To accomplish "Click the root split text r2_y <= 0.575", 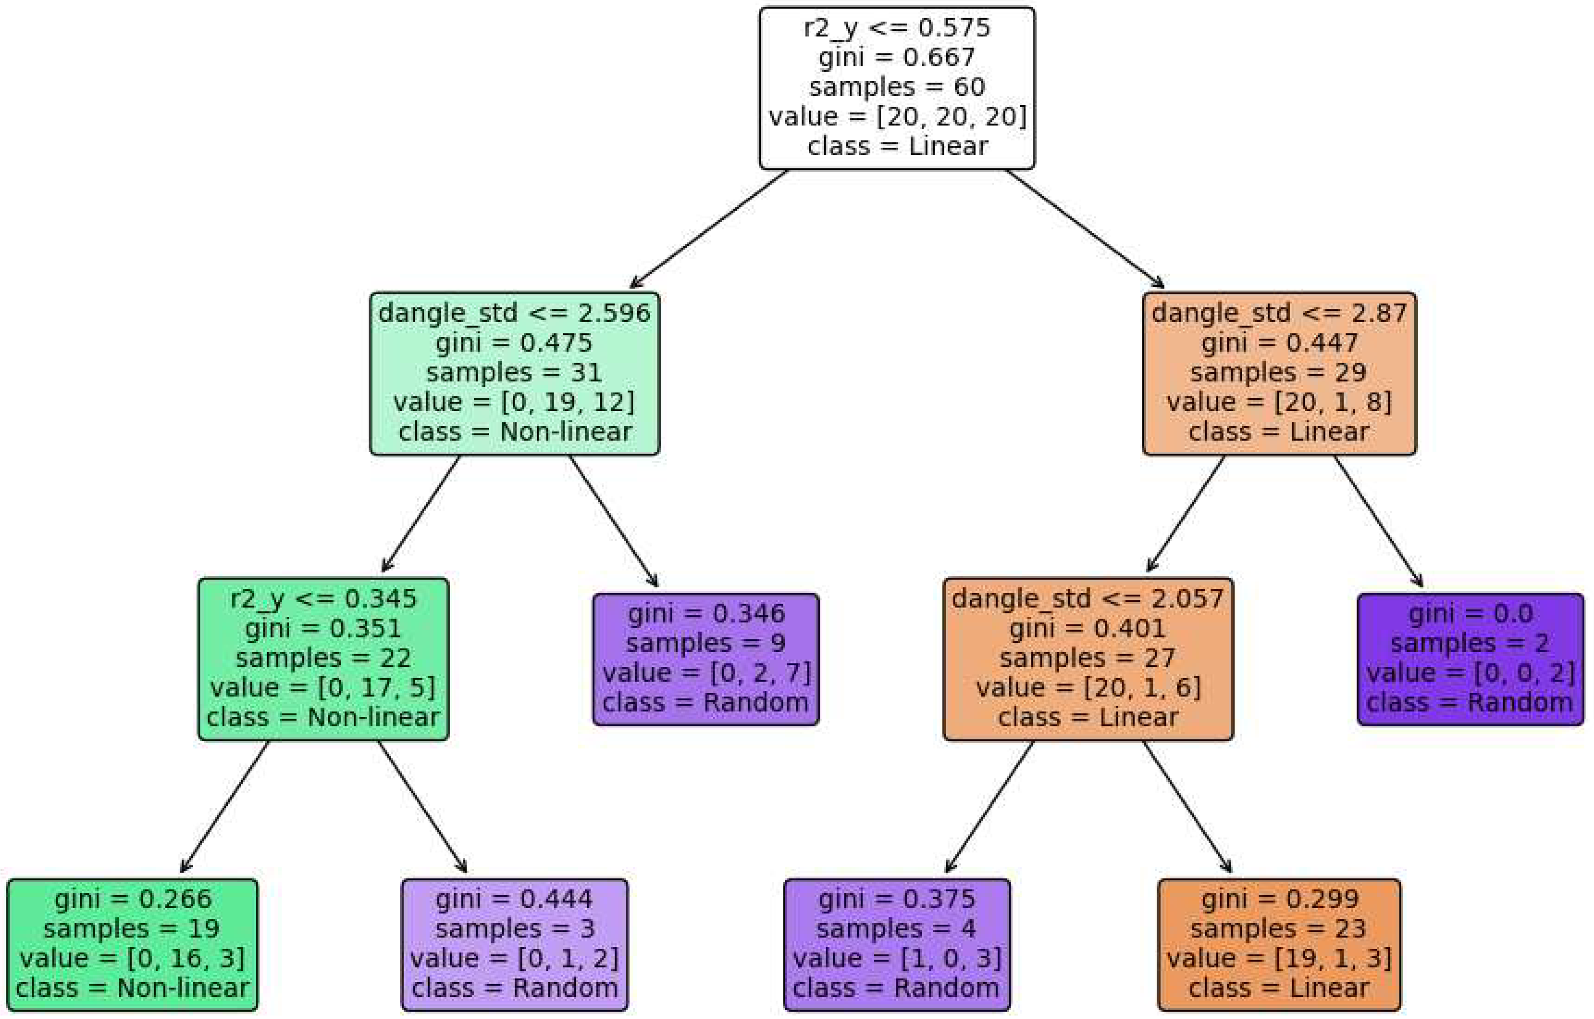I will pos(896,28).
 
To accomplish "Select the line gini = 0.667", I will pos(896,57).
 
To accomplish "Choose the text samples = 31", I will pos(514,373).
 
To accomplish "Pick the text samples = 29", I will pos(1279,373).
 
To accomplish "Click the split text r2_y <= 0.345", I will pos(323,599).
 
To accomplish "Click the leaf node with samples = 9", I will pos(705,659).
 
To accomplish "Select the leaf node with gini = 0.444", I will pos(514,944).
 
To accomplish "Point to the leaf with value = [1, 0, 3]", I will pos(896,944).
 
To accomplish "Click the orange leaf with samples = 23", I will pos(1279,944).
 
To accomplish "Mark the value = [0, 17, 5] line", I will pos(323,688).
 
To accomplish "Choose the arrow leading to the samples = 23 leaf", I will pos(1187,806).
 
